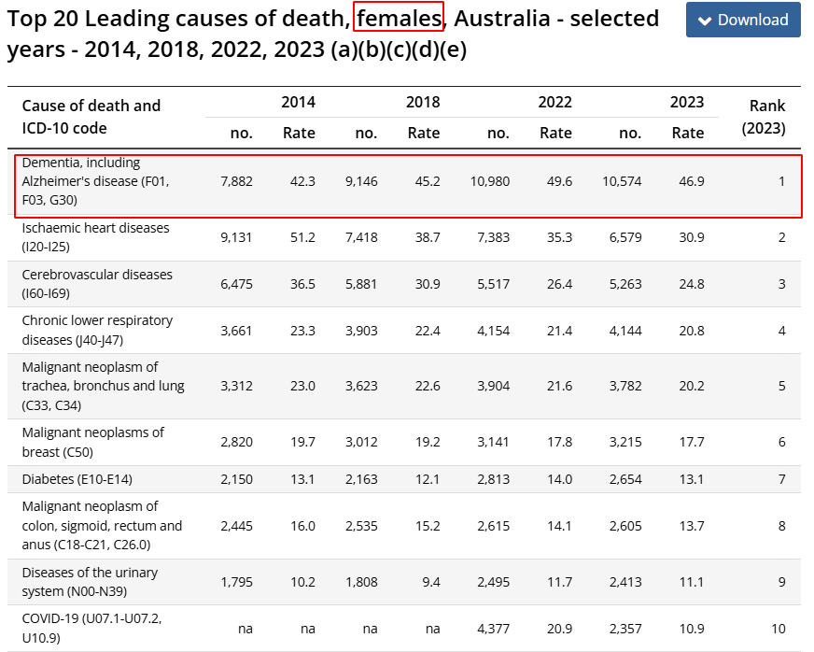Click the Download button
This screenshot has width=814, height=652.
coord(743,20)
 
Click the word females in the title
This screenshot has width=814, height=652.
coord(399,18)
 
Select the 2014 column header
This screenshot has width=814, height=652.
coord(298,102)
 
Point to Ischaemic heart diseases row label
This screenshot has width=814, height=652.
coord(96,237)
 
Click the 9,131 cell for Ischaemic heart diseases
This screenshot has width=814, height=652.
coord(236,238)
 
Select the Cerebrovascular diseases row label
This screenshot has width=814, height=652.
coord(97,284)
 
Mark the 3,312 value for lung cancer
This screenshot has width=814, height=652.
coord(236,386)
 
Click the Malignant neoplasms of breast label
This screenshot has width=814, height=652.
coord(92,442)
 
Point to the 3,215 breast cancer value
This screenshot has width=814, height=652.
coord(625,442)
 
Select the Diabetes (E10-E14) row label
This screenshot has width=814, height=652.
coord(77,479)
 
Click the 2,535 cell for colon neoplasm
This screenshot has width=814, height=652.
coord(360,526)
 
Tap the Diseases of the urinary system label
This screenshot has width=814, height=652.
coord(90,582)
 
